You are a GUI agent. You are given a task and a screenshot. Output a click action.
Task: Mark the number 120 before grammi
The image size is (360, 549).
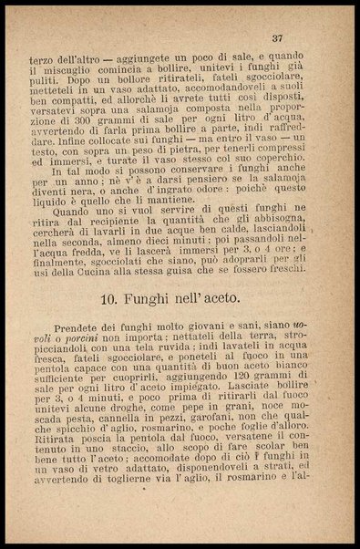point(238,400)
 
